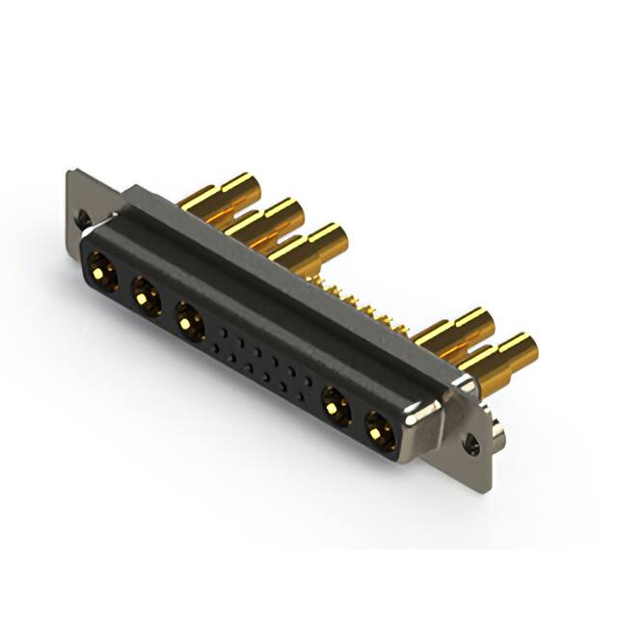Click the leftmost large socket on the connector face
pyautogui.click(x=101, y=268)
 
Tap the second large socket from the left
pyautogui.click(x=146, y=294)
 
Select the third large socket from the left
pyautogui.click(x=189, y=320)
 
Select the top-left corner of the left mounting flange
pyautogui.click(x=70, y=174)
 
